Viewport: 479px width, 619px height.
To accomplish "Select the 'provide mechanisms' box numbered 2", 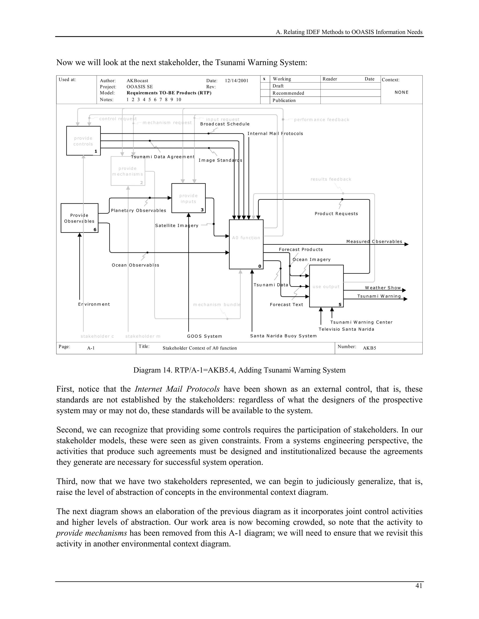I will [x=128, y=171].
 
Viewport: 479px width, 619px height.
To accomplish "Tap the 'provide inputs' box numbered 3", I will [x=189, y=198].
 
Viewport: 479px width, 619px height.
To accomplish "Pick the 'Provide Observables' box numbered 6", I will [x=80, y=218].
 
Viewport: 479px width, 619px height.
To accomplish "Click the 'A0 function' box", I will [x=246, y=244].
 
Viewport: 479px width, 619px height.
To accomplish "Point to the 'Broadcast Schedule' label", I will [x=225, y=124].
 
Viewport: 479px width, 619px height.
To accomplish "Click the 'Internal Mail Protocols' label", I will [x=275, y=133].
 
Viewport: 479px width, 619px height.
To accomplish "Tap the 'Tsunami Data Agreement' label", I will [x=163, y=157].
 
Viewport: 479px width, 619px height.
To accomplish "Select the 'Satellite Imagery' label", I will [x=177, y=226].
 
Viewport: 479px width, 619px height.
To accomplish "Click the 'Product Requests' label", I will [x=336, y=214].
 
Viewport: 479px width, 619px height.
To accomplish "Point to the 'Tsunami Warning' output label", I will [x=379, y=296].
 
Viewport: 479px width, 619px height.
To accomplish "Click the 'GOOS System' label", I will [x=204, y=336].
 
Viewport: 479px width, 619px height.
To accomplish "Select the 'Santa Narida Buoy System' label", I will [x=283, y=336].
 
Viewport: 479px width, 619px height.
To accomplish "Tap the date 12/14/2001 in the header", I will [x=236, y=81].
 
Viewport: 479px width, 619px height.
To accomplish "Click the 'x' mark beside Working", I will [x=265, y=79].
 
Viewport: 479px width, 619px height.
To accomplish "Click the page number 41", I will [x=419, y=586].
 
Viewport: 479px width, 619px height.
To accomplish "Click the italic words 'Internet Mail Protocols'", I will [x=177, y=389].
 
